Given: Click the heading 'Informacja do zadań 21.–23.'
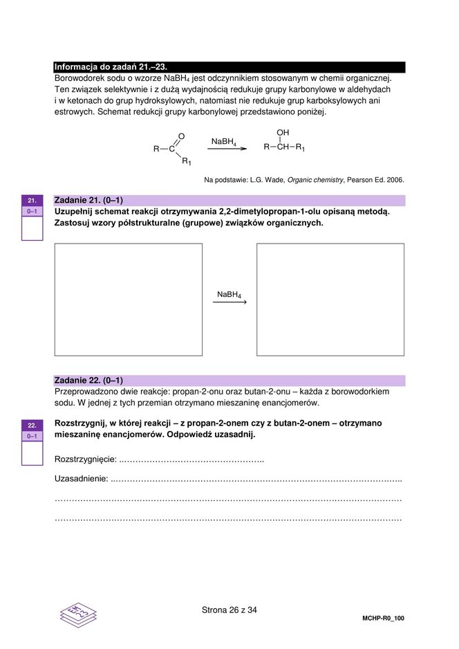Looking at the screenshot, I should (x=111, y=67).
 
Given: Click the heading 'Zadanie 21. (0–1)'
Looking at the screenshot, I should (x=88, y=201).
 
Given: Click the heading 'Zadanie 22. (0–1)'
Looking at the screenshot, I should (x=88, y=381).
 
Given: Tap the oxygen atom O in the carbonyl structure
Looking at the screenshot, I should (x=181, y=136).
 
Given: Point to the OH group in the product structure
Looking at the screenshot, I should (x=283, y=132).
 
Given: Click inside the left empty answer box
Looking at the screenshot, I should (x=129, y=299).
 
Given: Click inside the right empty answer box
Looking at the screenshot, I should (x=330, y=299).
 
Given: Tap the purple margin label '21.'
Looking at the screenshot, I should (x=32, y=200).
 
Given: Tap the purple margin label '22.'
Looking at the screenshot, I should (x=32, y=425).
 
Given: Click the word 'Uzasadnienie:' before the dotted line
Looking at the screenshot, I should (x=81, y=479).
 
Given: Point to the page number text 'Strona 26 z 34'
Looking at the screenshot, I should (x=230, y=610).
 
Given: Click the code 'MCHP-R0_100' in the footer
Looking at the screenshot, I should (x=382, y=618).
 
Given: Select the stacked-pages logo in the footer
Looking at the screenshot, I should (x=78, y=614).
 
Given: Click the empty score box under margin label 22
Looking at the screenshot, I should (x=32, y=453).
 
